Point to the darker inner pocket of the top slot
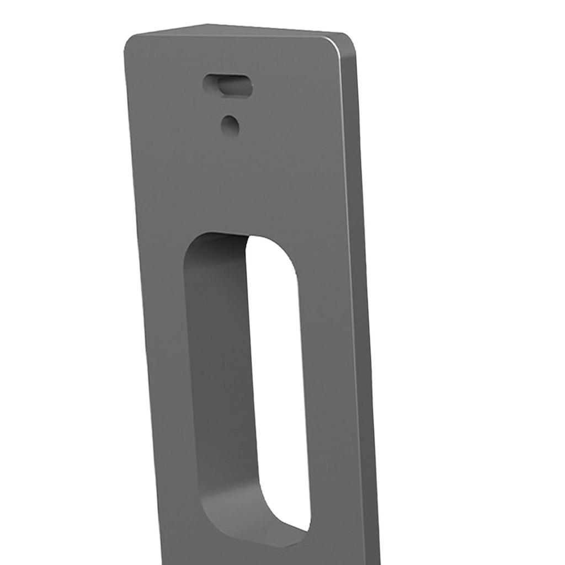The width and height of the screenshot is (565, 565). (234, 87)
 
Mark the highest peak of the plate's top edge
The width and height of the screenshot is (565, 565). (206, 25)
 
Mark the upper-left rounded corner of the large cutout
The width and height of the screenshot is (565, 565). (193, 246)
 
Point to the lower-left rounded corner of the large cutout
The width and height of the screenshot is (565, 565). (207, 510)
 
